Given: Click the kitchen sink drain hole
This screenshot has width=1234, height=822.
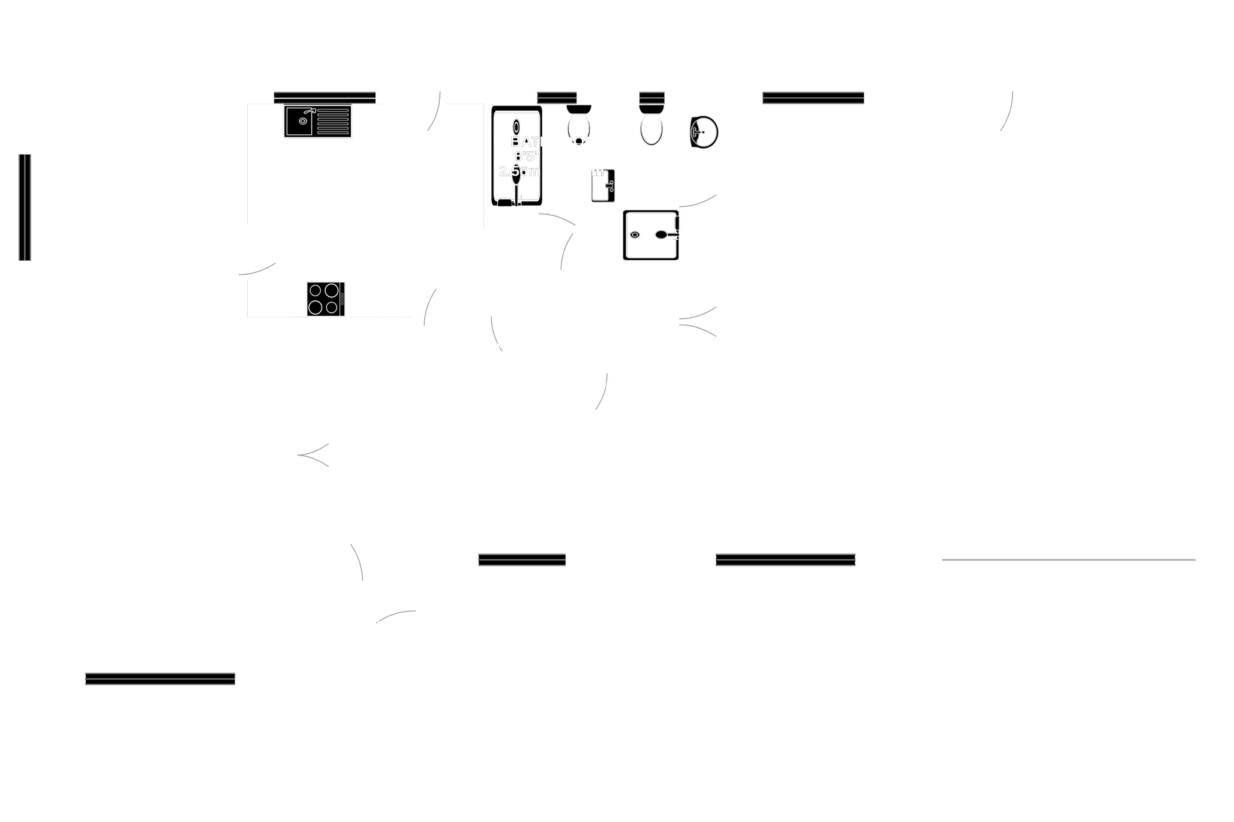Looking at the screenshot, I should pos(302,121).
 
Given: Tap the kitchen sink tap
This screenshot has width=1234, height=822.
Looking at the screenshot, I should pos(309,112).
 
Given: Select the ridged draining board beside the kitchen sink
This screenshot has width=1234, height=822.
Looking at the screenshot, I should pos(333,121).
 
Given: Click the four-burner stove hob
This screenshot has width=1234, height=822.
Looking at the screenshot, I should pos(323,299).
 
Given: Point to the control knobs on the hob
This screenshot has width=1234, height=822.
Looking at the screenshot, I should pos(343,298).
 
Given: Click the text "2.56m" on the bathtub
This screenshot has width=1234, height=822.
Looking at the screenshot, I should pos(520,171).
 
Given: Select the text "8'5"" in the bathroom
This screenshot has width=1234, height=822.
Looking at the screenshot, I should pos(526,156).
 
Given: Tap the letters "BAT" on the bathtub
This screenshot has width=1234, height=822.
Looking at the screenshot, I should pos(524,142).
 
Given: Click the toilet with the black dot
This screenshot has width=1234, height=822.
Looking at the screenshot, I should pos(579,126).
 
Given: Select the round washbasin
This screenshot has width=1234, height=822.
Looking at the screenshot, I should pos(704,131).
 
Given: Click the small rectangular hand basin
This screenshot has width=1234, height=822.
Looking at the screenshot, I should pos(603,186).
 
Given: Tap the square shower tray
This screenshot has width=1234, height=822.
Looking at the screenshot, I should pos(651,234).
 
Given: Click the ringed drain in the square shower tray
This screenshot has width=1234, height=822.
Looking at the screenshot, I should pos(634,234).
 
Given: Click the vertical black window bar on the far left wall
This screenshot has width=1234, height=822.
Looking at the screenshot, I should pos(24,207).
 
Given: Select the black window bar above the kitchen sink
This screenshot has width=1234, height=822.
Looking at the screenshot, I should pos(325,98).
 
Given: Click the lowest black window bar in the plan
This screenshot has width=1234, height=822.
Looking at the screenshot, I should pos(160,678).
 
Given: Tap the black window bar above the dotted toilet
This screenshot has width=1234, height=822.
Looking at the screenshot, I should pos(557,98).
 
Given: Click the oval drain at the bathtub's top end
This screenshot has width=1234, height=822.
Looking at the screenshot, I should pos(517,127).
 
